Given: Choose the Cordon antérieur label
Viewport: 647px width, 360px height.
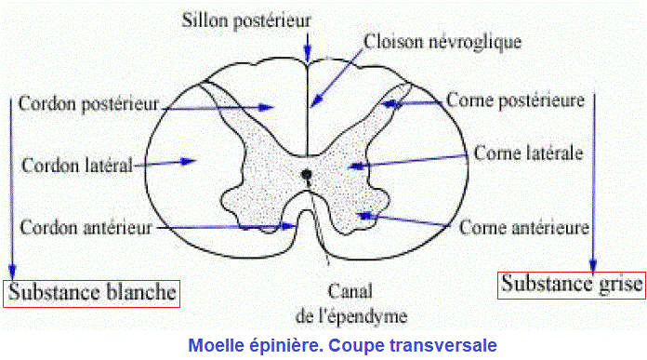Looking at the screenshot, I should point(85,227).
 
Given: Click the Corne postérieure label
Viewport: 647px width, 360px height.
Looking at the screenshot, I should point(515,99).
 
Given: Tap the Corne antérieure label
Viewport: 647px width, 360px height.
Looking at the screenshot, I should point(526,227).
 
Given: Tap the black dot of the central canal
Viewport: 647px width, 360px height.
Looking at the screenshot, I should point(307,173).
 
